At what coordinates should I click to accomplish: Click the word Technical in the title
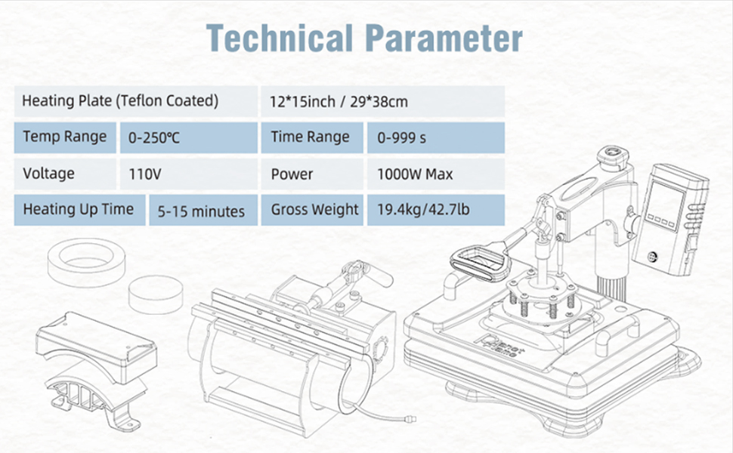pos(277,38)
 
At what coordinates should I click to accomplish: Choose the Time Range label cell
pos(311,137)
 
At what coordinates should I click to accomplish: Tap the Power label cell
pos(311,174)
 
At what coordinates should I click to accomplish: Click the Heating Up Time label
pos(78,210)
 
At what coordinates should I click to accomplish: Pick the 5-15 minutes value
pos(200,211)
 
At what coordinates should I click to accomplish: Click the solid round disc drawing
pos(155,294)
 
